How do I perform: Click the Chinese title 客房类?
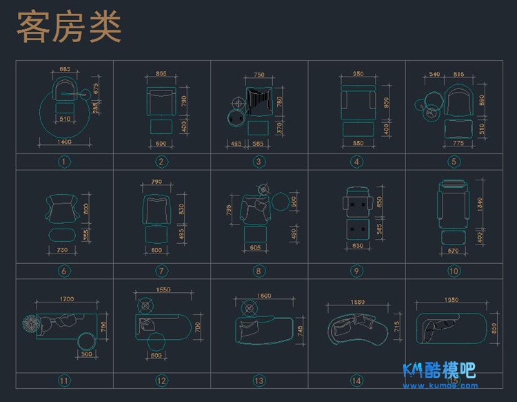click(68, 27)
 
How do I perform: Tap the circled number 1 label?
click(64, 162)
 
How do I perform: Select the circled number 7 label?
click(161, 271)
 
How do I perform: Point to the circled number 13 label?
click(259, 380)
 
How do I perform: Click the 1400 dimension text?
click(64, 142)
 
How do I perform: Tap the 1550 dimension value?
click(163, 289)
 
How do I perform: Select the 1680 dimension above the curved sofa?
click(356, 301)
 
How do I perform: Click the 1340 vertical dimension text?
click(480, 204)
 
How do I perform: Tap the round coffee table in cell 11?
click(88, 341)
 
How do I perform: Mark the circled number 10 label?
click(454, 271)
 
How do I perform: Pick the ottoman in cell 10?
click(453, 239)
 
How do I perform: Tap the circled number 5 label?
click(454, 162)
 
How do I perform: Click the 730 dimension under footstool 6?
click(62, 249)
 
